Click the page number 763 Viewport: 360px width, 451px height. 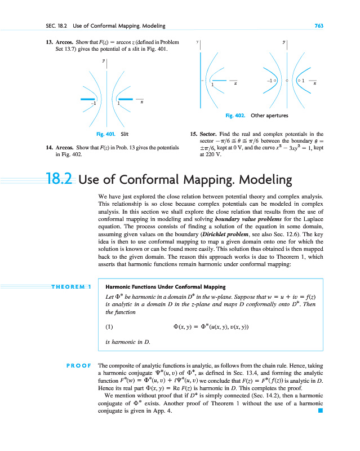[x=318, y=27]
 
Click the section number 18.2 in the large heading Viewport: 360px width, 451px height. [x=61, y=180]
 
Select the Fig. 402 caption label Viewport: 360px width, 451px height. [x=235, y=116]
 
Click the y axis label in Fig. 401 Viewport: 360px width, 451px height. [x=104, y=60]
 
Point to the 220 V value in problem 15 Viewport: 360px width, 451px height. [x=207, y=154]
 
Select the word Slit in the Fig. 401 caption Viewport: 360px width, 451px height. [x=125, y=134]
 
